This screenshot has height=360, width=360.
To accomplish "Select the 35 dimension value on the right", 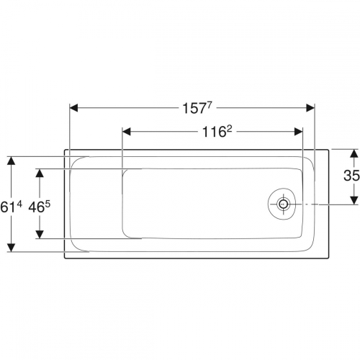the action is [351, 175].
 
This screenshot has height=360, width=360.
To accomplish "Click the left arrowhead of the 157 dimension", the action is [73, 108].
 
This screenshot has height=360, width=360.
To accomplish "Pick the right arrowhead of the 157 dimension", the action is [310, 108].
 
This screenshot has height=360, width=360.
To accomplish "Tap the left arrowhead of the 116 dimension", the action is [127, 132].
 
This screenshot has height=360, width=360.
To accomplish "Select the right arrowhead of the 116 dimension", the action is [298, 132].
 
